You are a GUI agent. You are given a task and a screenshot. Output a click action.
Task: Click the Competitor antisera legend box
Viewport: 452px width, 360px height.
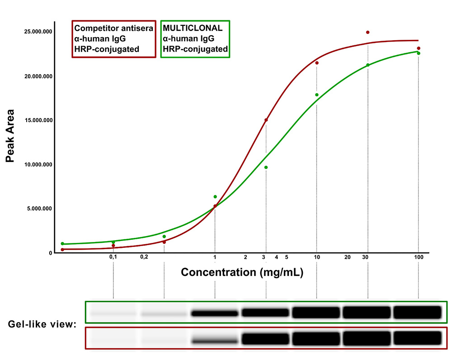click(114, 38)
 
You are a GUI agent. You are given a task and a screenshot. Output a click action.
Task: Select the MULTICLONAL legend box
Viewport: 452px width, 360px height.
click(195, 38)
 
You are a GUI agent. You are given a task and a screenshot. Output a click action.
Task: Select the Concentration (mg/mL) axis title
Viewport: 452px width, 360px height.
click(242, 272)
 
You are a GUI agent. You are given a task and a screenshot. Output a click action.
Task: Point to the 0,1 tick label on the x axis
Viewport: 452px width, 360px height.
click(113, 257)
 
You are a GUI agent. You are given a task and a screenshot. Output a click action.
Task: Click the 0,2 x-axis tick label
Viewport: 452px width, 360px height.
click(144, 257)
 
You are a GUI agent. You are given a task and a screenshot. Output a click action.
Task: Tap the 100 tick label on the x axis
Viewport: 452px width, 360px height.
click(419, 257)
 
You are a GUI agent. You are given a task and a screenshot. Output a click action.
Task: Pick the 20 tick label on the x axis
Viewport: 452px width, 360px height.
click(348, 257)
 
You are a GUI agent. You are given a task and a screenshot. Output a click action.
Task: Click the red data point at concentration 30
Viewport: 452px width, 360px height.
click(368, 33)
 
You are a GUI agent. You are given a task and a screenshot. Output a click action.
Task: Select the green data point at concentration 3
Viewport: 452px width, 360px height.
click(266, 167)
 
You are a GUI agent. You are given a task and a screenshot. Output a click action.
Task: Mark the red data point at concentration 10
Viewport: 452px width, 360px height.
click(317, 63)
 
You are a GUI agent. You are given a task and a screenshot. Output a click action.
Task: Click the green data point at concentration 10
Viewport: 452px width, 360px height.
click(317, 95)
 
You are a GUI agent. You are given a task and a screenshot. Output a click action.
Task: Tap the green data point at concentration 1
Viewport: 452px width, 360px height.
click(215, 197)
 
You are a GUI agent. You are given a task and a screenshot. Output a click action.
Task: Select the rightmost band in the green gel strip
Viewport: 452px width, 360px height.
click(417, 312)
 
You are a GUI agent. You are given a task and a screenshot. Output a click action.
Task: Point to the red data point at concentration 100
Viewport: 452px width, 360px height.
click(419, 48)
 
